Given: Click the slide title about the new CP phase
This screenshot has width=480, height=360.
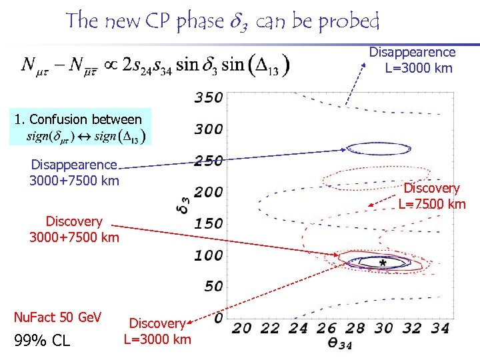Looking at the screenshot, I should tap(222, 22).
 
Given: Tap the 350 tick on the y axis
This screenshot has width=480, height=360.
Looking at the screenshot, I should tap(208, 97).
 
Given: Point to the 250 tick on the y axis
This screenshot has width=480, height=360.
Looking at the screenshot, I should tap(208, 160).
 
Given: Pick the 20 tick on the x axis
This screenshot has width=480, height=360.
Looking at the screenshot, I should tap(243, 329).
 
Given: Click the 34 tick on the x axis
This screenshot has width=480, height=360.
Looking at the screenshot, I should tap(440, 329).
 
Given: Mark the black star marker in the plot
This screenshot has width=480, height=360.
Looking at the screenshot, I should tap(383, 264).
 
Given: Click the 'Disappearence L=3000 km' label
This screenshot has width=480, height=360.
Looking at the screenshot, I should tap(413, 60).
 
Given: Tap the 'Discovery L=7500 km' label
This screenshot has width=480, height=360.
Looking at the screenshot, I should tap(432, 196).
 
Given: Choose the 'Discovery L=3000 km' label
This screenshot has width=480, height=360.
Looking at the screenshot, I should tap(157, 331).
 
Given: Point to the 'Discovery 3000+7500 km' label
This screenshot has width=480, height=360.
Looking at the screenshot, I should tap(74, 229).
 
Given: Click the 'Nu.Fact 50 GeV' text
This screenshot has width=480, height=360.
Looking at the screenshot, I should tap(57, 317).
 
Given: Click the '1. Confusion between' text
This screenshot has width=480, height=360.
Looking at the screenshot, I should tap(78, 119).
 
